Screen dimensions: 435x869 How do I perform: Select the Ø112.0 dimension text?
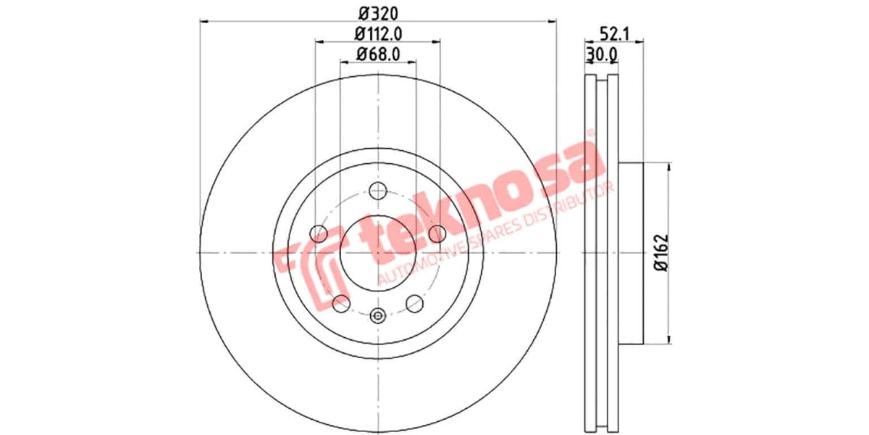(377, 33)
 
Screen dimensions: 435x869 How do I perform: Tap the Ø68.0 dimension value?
(377, 54)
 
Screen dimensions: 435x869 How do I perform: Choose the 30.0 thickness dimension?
(601, 54)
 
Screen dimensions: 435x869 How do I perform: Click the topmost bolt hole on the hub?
(377, 191)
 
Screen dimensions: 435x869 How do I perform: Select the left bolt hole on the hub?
(318, 233)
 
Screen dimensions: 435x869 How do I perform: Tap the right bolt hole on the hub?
(437, 233)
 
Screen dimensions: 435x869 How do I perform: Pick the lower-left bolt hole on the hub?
(340, 303)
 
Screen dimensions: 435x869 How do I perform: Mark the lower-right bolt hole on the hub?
(414, 303)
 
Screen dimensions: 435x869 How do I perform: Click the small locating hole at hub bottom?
(377, 315)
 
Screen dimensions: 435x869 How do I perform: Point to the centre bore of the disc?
(377, 252)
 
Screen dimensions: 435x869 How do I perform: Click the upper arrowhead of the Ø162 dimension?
(668, 167)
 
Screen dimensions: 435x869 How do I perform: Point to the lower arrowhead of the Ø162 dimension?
(668, 339)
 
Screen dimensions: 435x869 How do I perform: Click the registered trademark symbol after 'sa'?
(590, 134)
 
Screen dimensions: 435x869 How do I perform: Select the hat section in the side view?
(630, 252)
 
